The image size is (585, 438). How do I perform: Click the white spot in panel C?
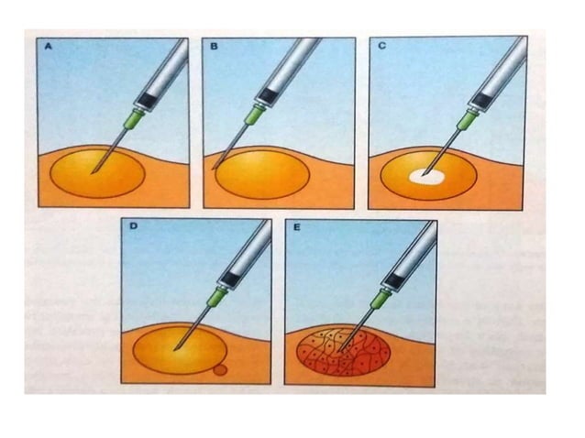[x=425, y=173]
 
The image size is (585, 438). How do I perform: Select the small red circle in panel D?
[x=219, y=371]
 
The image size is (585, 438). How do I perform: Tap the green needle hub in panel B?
[x=253, y=116]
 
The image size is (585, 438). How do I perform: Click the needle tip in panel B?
[x=215, y=168]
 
